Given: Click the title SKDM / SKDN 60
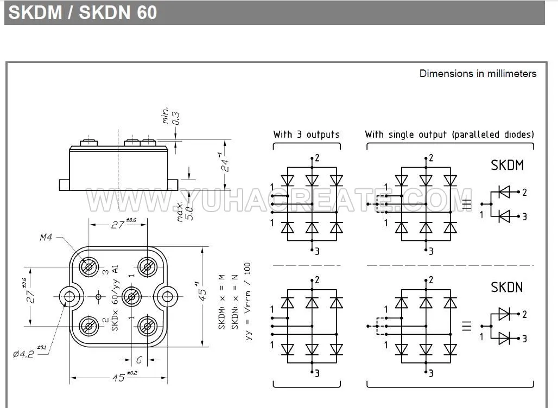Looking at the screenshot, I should click(83, 12).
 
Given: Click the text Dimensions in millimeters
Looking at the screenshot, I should click(478, 74).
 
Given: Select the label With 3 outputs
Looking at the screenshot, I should click(306, 134).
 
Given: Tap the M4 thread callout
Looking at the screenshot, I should click(46, 237).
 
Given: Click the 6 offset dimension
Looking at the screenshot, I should click(139, 360).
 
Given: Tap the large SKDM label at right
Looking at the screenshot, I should click(508, 165).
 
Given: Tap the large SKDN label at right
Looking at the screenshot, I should click(508, 287).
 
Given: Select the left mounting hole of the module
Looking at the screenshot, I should click(69, 296).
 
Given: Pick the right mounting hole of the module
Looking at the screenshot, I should click(166, 296).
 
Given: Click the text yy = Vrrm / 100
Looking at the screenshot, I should click(248, 301).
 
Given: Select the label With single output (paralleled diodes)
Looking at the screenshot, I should click(449, 134).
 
